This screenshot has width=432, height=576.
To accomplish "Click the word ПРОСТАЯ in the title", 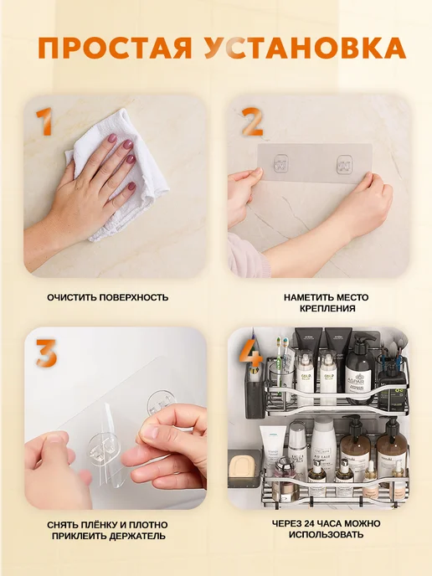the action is pos(115,48).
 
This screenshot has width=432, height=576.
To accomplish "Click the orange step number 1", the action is pos(44,121).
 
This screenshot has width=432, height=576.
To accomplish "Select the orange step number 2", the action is pos(252,122).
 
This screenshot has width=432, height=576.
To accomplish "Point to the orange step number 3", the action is pos(46,353).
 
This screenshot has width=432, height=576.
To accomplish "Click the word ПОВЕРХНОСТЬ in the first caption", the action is pos(134,297).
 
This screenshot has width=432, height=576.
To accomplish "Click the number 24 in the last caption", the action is pos(311,523).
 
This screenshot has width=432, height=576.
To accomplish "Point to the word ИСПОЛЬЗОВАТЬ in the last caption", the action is pos(326,534).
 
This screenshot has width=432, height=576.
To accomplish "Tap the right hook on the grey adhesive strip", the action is pos(345,164).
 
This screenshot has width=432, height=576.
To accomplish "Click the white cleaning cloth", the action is pos(121,177).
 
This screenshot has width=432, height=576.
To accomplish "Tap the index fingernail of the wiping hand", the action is pos(111,138).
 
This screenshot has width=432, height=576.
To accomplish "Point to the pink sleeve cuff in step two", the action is pos(246,255).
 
